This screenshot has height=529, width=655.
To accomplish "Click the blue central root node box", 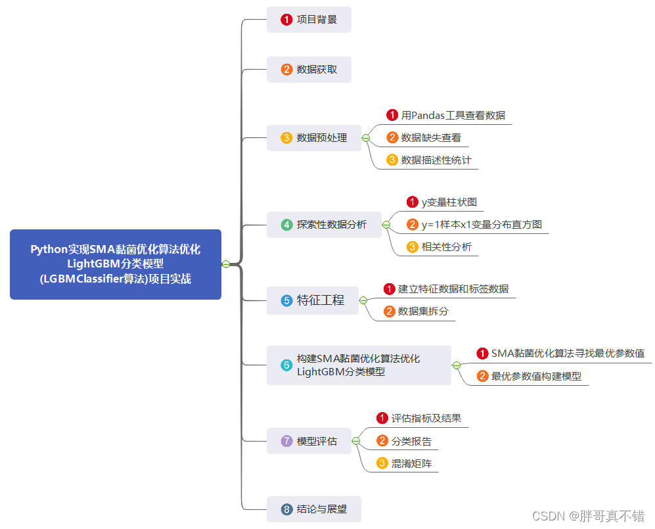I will coord(116,264).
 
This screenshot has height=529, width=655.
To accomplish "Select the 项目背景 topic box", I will coord(309,20).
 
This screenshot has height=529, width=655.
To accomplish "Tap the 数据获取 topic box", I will coord(309,70).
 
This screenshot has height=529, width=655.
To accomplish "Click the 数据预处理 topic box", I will coord(314,138).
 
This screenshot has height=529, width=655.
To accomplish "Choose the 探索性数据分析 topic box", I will coord(324,225).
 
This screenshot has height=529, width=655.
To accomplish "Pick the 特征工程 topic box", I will coord(313,300).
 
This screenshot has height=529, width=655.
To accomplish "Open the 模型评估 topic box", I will coord(309,441).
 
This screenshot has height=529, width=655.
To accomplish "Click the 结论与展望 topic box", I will coord(314,509).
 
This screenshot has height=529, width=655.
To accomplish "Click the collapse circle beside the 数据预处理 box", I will coord(366,138).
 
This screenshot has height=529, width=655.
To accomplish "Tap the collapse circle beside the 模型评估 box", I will coord(356,441).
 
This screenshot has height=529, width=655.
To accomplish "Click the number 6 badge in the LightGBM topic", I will coord(286,365).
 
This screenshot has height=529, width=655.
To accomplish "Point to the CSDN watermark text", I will coord(588,516).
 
